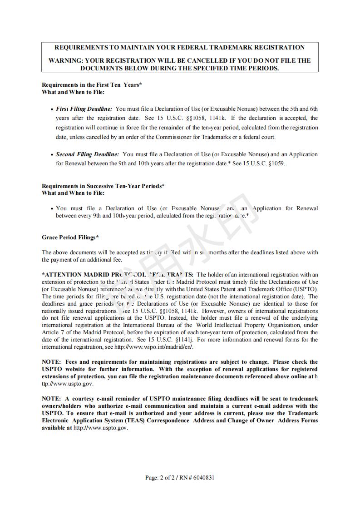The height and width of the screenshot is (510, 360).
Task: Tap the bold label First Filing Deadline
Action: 84,109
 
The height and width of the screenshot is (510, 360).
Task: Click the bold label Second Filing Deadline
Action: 88,154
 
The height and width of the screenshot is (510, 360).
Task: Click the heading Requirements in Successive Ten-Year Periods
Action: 103,186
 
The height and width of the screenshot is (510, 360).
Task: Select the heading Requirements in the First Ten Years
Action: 92,84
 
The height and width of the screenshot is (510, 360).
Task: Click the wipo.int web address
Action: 154,347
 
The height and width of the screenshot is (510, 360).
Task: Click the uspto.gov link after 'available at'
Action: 101,428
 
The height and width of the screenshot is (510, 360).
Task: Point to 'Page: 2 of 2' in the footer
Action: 161,477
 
